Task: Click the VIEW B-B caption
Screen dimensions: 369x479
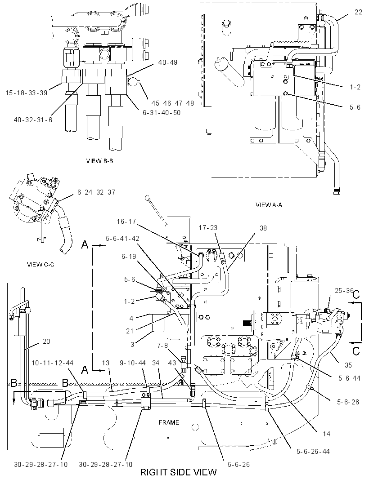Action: (x=99, y=161)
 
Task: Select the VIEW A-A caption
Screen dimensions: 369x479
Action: (x=269, y=205)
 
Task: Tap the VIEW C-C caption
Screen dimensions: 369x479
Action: (x=40, y=264)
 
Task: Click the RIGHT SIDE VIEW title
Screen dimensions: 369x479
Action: (x=178, y=472)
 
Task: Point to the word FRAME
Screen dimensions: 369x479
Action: (x=169, y=422)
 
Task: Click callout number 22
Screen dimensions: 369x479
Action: (x=358, y=12)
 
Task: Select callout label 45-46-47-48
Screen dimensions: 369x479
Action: (x=172, y=103)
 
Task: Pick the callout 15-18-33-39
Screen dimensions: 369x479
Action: (x=27, y=93)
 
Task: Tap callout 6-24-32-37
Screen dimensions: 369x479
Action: (x=96, y=192)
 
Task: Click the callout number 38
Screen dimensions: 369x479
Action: (x=263, y=228)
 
